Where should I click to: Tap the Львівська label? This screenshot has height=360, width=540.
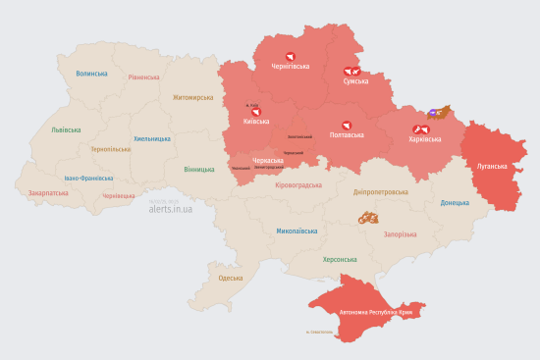pyautogui.click(x=67, y=129)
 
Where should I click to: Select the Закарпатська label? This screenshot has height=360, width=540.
pyautogui.click(x=48, y=193)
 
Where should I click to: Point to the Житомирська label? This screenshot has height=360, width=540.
pyautogui.click(x=192, y=98)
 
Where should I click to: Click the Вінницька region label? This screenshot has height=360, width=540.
pyautogui.click(x=199, y=169)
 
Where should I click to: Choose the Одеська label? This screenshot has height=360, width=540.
pyautogui.click(x=231, y=279)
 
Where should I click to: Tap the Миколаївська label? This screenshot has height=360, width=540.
pyautogui.click(x=297, y=231)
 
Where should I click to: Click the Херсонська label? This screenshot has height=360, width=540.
pyautogui.click(x=340, y=260)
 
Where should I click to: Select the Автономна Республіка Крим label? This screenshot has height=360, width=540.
pyautogui.click(x=382, y=313)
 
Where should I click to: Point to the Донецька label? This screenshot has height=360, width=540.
pyautogui.click(x=455, y=203)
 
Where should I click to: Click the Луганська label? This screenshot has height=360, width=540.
pyautogui.click(x=492, y=167)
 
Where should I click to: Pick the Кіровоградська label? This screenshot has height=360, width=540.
pyautogui.click(x=297, y=184)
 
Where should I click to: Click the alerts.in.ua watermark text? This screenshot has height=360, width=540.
pyautogui.click(x=170, y=209)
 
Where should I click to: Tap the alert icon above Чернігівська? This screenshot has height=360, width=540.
pyautogui.click(x=290, y=56)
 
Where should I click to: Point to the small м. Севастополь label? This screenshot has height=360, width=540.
pyautogui.click(x=320, y=332)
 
